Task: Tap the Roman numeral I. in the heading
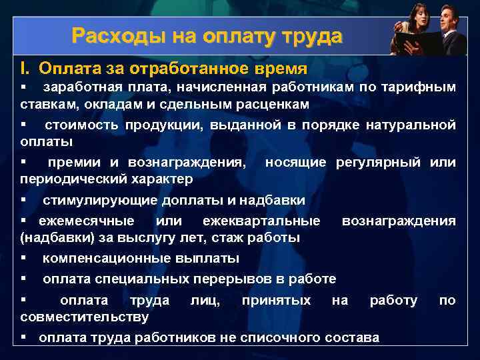(x=25, y=69)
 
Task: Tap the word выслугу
(x=159, y=237)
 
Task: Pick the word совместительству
(x=85, y=316)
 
